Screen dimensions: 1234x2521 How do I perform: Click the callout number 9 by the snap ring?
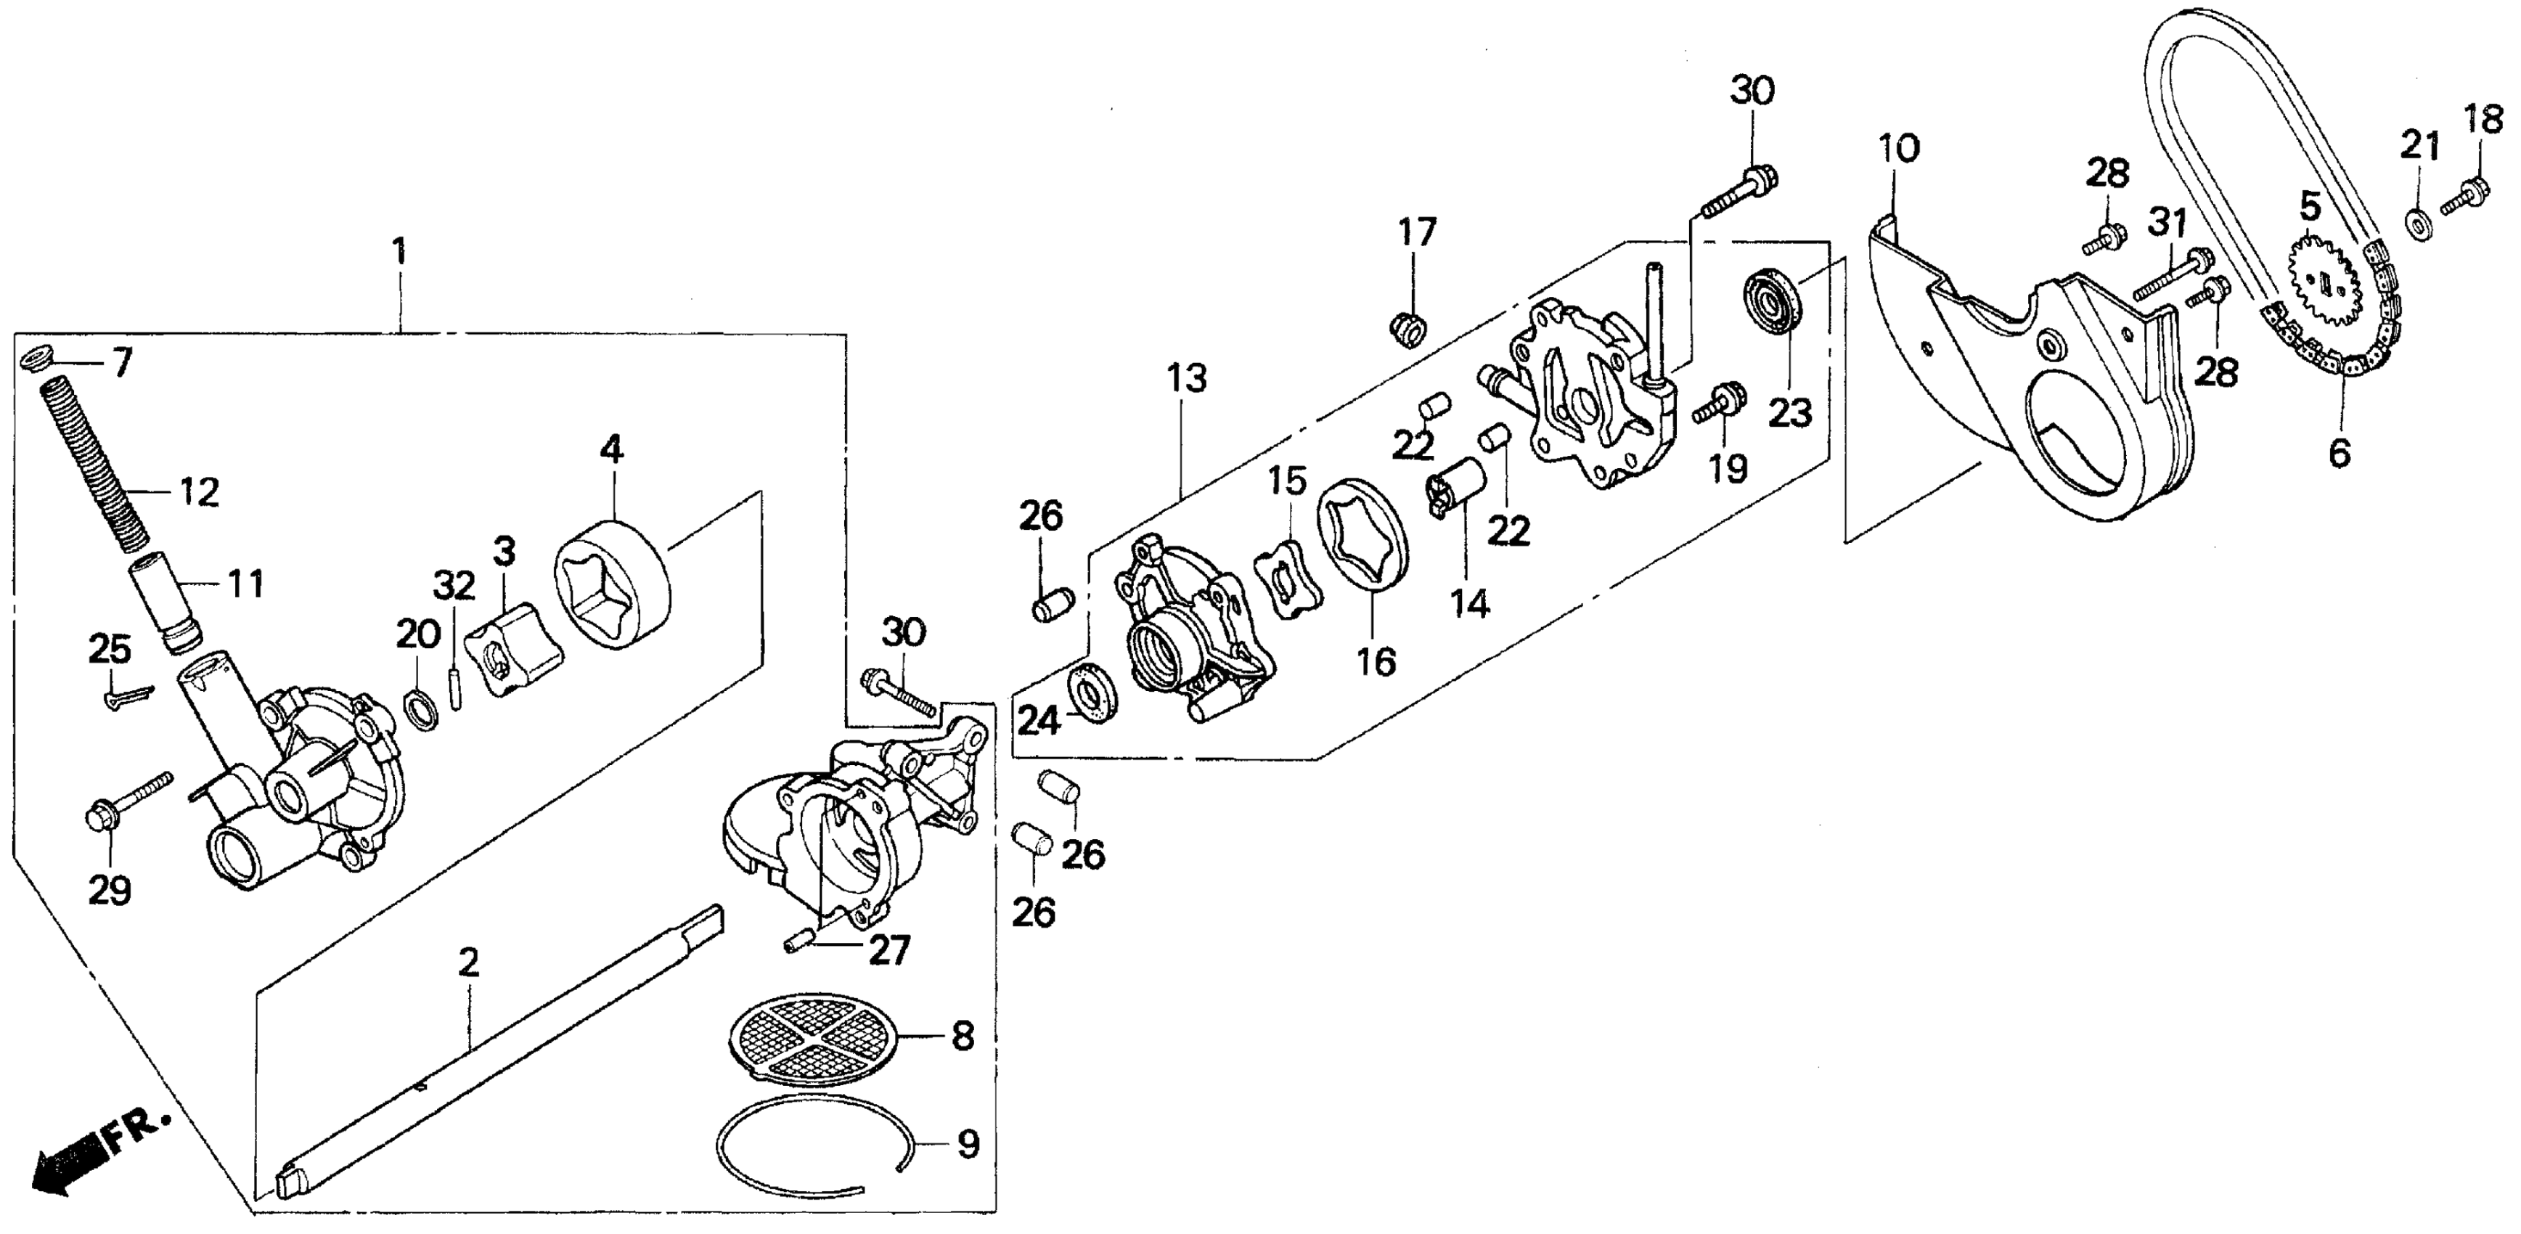click(967, 1143)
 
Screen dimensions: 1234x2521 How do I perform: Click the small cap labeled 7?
click(36, 358)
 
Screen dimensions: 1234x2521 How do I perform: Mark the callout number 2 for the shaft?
click(469, 963)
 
